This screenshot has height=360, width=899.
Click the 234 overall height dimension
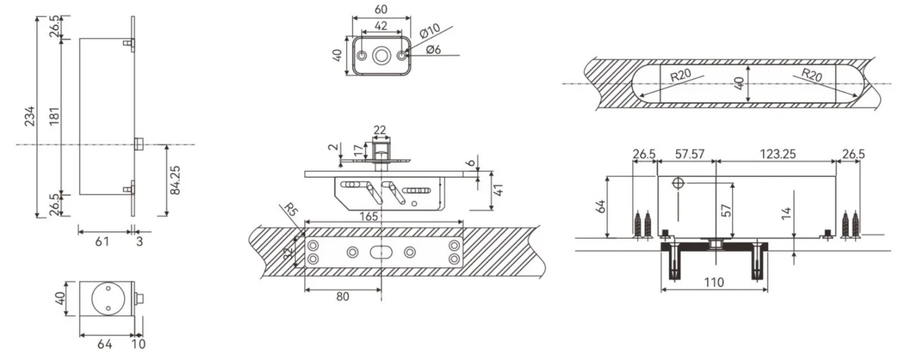[30, 116]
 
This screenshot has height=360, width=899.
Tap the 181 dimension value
[54, 116]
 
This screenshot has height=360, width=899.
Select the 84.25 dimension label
[175, 180]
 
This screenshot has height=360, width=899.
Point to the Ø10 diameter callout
[430, 31]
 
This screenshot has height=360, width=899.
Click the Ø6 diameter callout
[433, 49]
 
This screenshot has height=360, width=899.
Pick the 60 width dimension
[381, 9]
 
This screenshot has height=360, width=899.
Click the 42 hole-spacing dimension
[381, 26]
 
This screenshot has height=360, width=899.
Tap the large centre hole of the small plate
[382, 56]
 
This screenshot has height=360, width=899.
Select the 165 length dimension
[369, 217]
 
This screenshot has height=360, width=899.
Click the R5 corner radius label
[290, 210]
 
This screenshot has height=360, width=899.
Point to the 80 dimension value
[342, 297]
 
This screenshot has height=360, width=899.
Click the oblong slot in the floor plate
[382, 252]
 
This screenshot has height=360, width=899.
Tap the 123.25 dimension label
[778, 154]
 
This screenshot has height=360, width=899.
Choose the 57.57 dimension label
[689, 154]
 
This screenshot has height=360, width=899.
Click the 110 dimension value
[714, 282]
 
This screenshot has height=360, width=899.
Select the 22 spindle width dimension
[380, 130]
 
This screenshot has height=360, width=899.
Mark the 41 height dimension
[498, 190]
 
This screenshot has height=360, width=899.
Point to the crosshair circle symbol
[678, 184]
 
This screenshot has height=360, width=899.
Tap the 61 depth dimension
[102, 241]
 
